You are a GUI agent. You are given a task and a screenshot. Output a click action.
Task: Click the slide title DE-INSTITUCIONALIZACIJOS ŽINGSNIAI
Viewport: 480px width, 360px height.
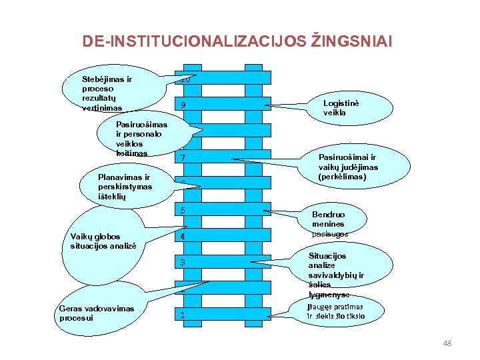237,41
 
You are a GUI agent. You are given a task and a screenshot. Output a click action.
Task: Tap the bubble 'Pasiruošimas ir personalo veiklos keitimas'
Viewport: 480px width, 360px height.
141,139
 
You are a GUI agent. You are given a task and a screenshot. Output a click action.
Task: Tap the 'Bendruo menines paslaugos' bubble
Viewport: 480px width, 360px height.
330,224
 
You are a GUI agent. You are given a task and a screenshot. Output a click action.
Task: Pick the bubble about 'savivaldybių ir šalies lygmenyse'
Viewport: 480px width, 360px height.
336,275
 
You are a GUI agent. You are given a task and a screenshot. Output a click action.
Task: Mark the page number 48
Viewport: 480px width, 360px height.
447,343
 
